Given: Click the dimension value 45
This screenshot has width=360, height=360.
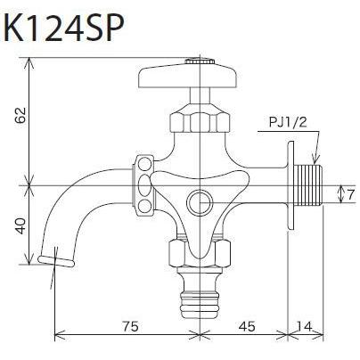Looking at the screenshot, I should tap(247, 326).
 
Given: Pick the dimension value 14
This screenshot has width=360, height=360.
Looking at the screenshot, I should tap(307, 326).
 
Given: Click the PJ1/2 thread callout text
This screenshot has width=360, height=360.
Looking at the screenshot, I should tap(290, 125).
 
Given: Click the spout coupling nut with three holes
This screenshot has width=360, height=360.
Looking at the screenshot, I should tap(142, 185).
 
